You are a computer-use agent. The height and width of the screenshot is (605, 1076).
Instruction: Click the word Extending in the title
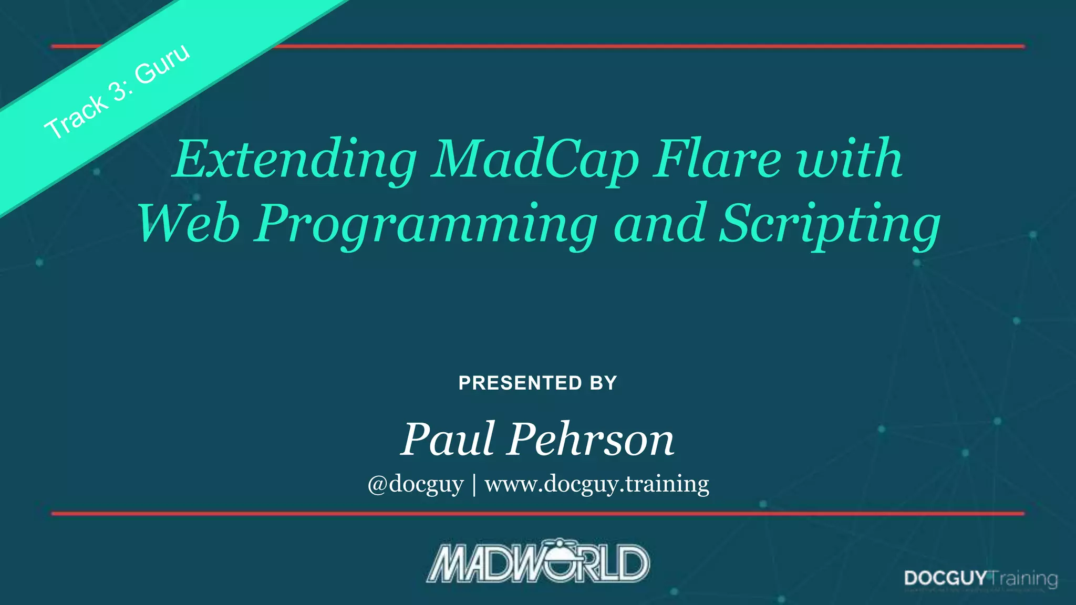[295, 159]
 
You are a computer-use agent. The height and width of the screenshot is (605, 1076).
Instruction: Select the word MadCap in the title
[534, 159]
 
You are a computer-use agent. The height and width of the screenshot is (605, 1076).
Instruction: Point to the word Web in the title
[189, 223]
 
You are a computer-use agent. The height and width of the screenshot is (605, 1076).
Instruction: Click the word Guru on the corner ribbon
[162, 64]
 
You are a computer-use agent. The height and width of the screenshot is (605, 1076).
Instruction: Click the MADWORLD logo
[538, 562]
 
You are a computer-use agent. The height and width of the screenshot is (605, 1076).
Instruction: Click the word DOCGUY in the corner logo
[945, 578]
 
